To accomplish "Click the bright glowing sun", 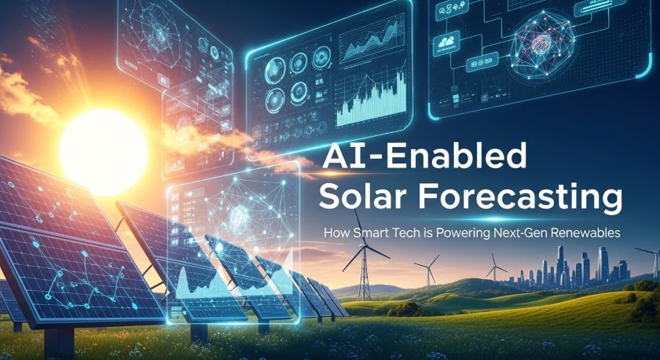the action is pyautogui.click(x=104, y=152).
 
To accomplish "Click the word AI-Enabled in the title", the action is pyautogui.click(x=424, y=156).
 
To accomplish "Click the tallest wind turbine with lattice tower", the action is pyautogui.click(x=364, y=261).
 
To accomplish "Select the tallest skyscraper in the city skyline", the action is pyautogui.click(x=560, y=265).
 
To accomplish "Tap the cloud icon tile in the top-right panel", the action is pyautogui.click(x=447, y=42).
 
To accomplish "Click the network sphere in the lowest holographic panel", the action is pyautogui.click(x=240, y=214).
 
